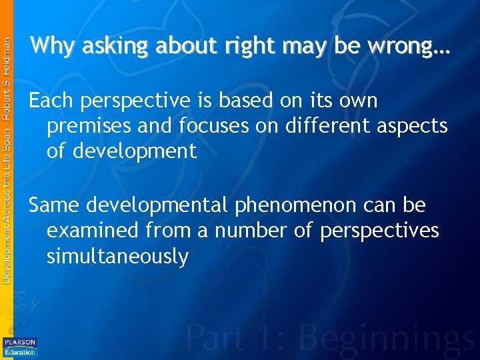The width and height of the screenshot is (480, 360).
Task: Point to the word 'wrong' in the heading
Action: tap(403, 47)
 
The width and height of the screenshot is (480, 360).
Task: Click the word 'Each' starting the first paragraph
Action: tap(51, 101)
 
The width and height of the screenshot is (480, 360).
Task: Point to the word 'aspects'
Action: tap(414, 127)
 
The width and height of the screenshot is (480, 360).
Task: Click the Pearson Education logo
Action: tap(20, 346)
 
